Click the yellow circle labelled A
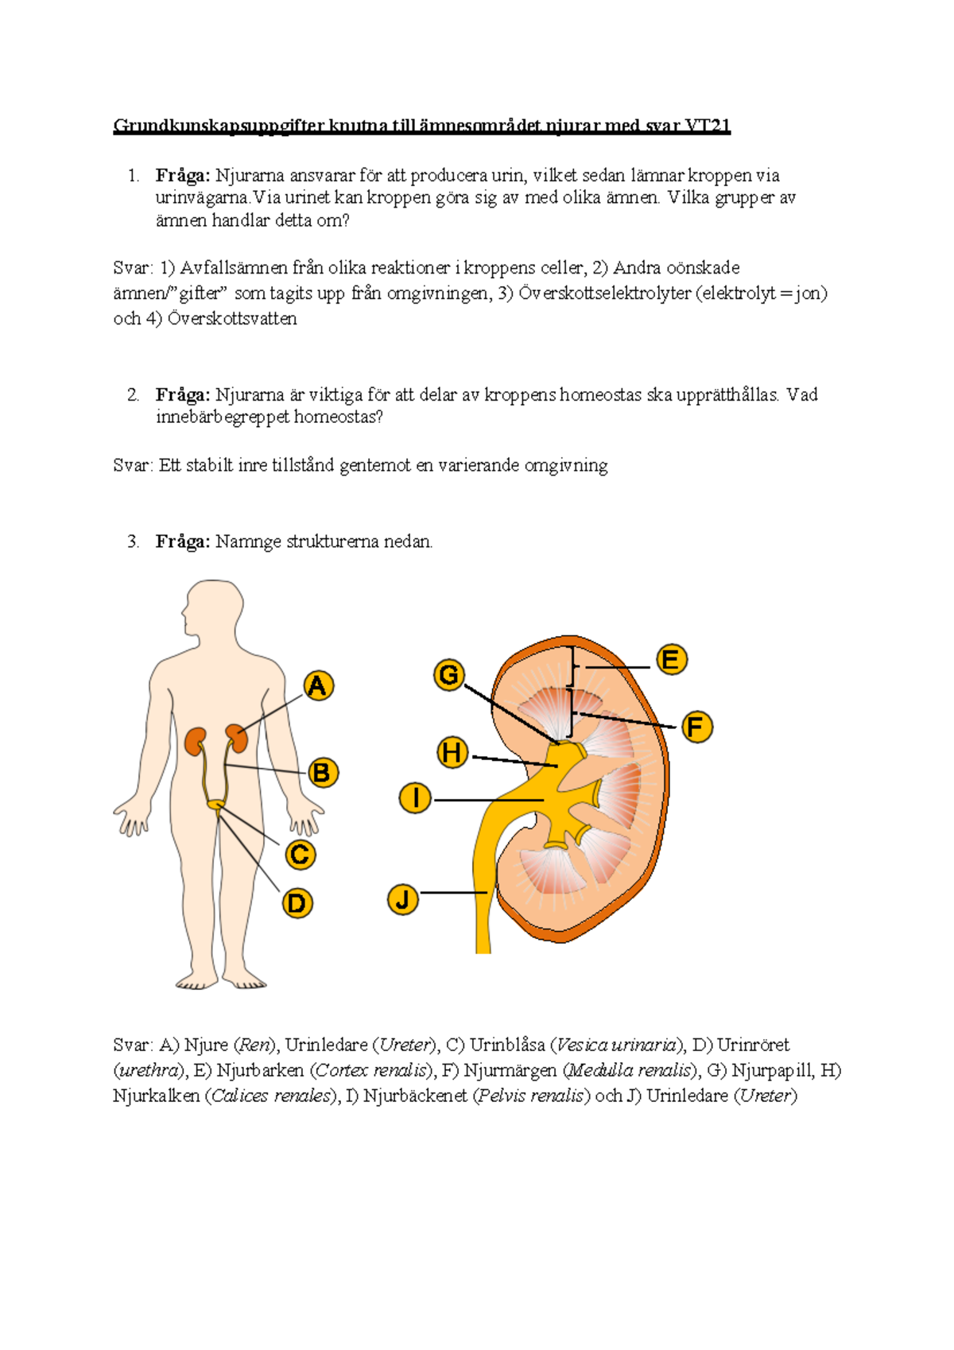(317, 686)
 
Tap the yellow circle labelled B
(322, 773)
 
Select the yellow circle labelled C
(300, 855)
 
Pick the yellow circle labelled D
(297, 903)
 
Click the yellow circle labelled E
(671, 659)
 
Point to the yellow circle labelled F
(696, 727)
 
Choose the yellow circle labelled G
(449, 675)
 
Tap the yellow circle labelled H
(452, 754)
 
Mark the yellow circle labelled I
(415, 798)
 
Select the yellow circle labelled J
(402, 900)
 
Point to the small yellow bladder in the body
(215, 804)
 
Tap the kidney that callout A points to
(236, 739)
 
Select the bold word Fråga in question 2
(183, 395)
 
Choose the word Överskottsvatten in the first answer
(232, 318)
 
